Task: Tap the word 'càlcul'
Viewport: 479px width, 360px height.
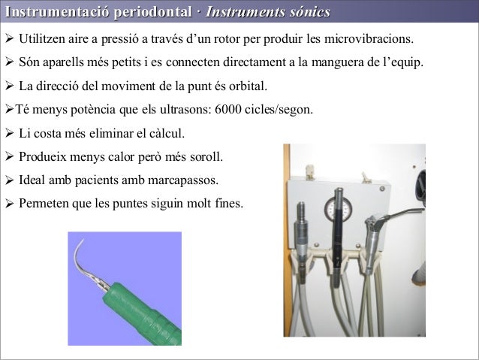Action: click(x=163, y=134)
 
